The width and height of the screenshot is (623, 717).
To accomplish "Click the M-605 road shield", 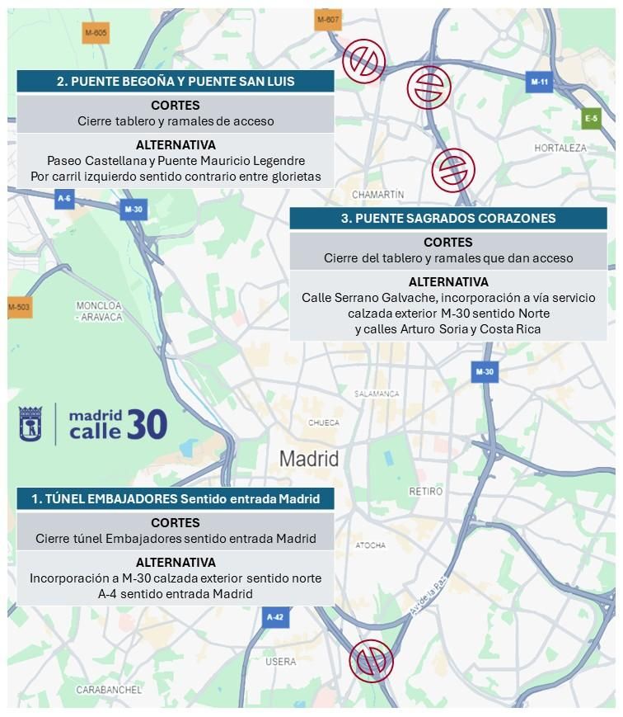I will click(x=96, y=33).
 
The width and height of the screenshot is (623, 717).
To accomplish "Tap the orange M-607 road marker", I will click(x=327, y=20).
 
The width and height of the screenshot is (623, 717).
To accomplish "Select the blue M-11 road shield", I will click(x=539, y=82).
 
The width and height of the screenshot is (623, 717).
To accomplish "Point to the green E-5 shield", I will click(x=591, y=118).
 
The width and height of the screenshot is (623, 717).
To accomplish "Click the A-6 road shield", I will click(x=64, y=198).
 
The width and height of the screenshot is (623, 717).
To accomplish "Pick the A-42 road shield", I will click(x=275, y=616).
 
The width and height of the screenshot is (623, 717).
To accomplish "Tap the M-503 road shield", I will click(x=19, y=308).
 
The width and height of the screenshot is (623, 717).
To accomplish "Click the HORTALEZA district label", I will click(x=560, y=148).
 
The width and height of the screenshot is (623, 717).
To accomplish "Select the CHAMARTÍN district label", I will click(x=377, y=195).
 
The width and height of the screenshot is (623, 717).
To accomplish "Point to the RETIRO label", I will click(x=426, y=491).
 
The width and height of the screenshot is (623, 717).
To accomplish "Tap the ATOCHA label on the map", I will click(x=370, y=545).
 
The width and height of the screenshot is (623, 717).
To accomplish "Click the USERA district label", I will click(x=281, y=662).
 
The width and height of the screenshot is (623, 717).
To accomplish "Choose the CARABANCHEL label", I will click(x=109, y=689).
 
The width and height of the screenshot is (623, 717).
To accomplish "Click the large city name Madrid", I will click(x=309, y=459).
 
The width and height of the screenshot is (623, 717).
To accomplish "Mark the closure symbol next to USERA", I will click(x=372, y=660).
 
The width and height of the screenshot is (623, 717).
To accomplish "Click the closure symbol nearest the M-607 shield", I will click(x=363, y=60).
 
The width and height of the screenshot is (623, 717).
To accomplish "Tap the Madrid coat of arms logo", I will click(x=30, y=423).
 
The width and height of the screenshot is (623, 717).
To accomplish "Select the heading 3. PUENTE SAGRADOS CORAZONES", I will click(x=448, y=219).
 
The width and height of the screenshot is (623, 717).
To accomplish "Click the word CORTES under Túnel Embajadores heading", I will click(x=175, y=522).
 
